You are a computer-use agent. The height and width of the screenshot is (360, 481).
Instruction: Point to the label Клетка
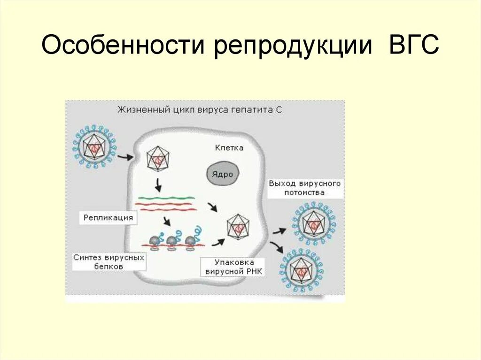tap(229, 148)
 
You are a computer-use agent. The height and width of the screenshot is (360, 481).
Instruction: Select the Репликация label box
tap(108, 218)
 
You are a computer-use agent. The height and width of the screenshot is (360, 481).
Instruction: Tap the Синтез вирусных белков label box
tap(109, 262)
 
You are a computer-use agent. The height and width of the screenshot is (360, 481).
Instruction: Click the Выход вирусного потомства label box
tap(304, 188)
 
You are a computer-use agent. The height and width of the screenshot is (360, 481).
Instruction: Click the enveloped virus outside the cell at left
tap(94, 146)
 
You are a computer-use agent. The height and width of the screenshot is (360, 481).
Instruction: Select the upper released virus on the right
tap(314, 224)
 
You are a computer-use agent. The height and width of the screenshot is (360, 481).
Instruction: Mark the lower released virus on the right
tap(301, 270)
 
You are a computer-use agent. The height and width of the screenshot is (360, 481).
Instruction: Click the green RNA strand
tap(165, 198)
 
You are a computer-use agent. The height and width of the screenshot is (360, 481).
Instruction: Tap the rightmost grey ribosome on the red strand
tap(190, 240)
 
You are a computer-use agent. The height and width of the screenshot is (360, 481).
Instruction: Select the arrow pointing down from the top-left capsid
tap(158, 185)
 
